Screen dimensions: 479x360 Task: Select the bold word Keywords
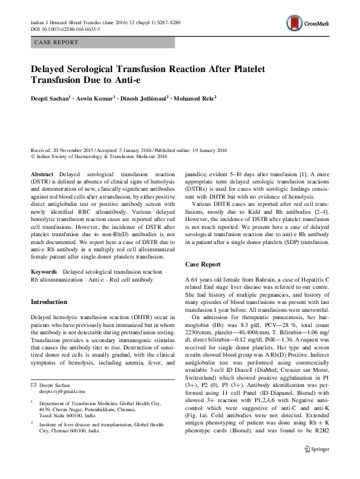point(45,273)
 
